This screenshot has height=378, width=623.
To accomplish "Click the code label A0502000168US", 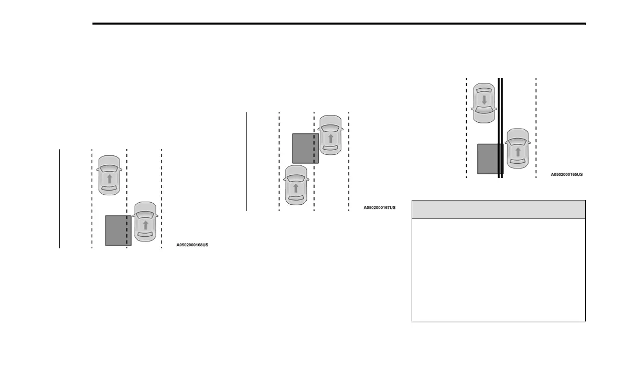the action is (x=192, y=245).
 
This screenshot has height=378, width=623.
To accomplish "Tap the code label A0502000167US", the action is (x=380, y=207).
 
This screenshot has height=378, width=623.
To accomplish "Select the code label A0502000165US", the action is (x=566, y=174).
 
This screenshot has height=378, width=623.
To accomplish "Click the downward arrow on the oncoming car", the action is (x=484, y=100).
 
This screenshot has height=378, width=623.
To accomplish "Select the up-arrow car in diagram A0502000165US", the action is (x=518, y=148).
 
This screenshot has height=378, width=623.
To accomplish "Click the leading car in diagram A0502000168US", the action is (x=109, y=175).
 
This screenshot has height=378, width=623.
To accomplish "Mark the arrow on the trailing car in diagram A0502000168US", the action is (x=145, y=225).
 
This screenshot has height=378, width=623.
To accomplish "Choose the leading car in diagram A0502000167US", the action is (x=330, y=135).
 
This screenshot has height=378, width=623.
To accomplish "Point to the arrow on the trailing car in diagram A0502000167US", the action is (x=296, y=188).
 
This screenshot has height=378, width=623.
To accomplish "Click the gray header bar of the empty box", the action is (x=498, y=209).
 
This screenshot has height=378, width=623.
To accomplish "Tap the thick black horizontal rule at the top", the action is (x=339, y=24).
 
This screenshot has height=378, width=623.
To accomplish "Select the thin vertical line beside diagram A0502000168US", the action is (x=60, y=198).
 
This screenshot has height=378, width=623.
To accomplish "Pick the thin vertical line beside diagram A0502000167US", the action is (x=246, y=161).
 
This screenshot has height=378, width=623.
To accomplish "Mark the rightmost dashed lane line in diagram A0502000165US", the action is (x=536, y=128).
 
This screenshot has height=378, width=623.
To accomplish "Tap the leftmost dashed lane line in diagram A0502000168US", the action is (x=92, y=198).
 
